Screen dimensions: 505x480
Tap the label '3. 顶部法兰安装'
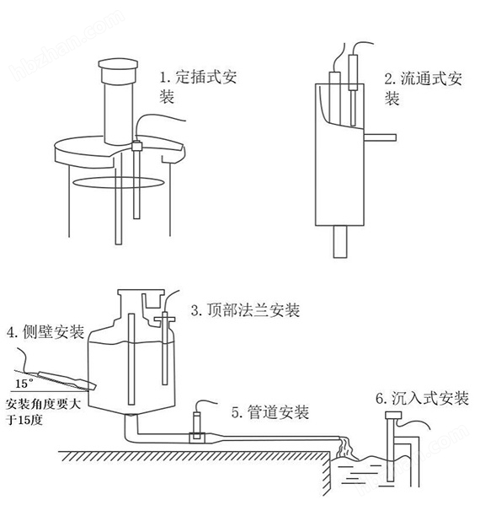245,310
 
